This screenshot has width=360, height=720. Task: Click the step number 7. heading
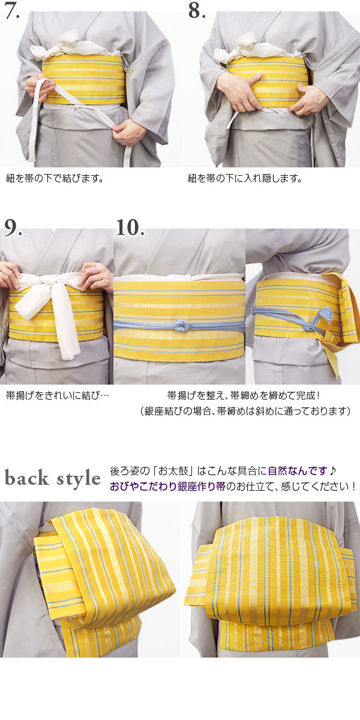coord(13,11)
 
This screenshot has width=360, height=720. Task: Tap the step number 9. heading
coord(13,227)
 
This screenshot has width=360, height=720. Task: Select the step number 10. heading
coord(130,227)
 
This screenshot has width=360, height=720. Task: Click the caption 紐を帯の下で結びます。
coord(55,178)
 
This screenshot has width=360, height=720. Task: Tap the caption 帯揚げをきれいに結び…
coord(58,396)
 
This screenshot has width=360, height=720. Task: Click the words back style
coord(53,478)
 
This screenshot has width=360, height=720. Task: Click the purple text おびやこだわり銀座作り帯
coord(167,486)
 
